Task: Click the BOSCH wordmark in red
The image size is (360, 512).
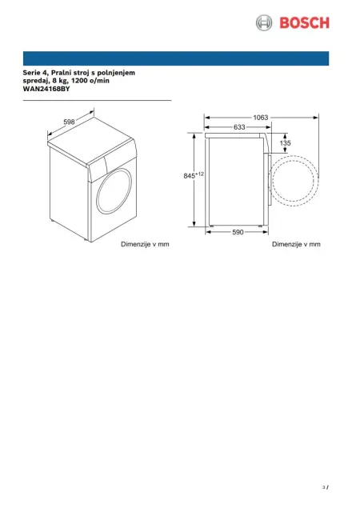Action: (304, 23)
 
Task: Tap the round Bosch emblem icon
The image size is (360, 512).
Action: (264, 23)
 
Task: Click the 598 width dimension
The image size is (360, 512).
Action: (70, 122)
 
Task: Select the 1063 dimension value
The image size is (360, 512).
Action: (261, 118)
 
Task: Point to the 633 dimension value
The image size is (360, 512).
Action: (239, 127)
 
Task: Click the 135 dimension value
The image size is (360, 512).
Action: (285, 143)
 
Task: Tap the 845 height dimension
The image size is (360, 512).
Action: (189, 176)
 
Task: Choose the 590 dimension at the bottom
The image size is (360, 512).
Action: (238, 232)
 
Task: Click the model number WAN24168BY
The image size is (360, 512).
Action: (46, 89)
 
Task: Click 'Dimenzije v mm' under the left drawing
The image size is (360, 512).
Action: (145, 244)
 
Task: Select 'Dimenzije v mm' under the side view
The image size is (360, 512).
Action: (296, 244)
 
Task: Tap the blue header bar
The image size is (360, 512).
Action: (176, 58)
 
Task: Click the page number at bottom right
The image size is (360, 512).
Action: (326, 487)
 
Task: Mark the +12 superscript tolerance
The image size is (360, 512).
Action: (199, 174)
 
